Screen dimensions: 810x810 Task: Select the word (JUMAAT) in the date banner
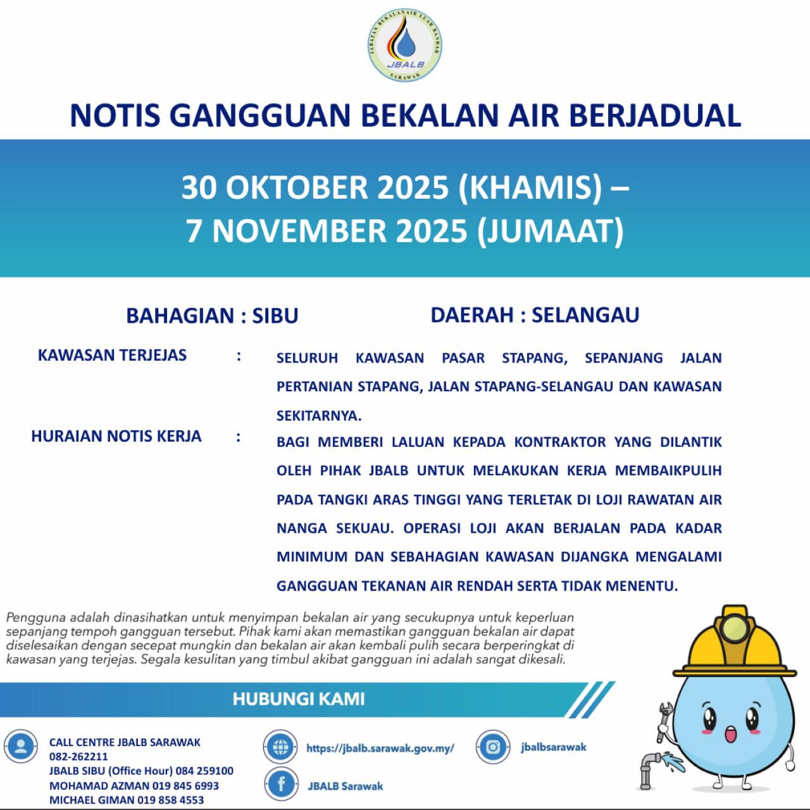coord(550,230)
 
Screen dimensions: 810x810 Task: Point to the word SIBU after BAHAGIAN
coord(275,315)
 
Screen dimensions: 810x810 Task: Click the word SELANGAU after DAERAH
coord(585,315)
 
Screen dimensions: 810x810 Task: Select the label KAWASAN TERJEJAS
coord(112,355)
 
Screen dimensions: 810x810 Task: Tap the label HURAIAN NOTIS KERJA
coord(116,436)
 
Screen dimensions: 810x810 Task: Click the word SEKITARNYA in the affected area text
coord(318,416)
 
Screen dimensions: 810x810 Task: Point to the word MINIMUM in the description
coord(311,557)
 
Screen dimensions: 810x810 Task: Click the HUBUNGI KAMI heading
coord(299,699)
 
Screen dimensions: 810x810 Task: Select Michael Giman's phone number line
coord(127,800)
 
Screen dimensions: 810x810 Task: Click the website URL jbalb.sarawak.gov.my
coord(380,748)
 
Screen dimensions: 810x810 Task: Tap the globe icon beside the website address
coord(280,747)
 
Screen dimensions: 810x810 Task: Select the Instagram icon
coord(493,747)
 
